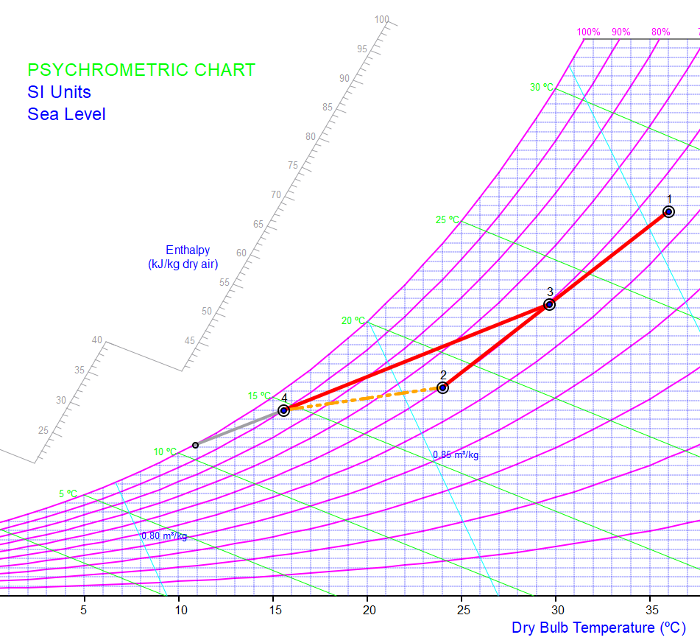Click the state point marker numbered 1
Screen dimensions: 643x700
coord(668,212)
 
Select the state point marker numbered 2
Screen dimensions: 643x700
coord(442,387)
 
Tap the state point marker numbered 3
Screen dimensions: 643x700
coord(549,304)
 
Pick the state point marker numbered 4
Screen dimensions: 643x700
coord(283,410)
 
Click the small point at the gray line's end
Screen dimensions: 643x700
coord(195,445)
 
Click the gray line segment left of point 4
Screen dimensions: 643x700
coord(239,428)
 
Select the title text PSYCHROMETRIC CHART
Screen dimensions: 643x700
coord(141,70)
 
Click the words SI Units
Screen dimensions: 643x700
coord(60,92)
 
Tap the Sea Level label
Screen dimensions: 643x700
coord(66,114)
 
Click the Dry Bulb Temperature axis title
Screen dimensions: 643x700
coord(598,628)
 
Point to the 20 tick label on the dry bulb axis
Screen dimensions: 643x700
coord(370,610)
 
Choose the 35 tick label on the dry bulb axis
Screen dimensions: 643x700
coord(651,610)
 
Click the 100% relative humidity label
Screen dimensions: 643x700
coord(588,32)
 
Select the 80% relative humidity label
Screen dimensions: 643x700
coord(660,32)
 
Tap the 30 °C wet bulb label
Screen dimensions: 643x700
coord(542,87)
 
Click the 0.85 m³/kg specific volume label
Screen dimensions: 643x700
coord(456,454)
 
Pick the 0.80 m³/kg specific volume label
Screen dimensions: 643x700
coord(164,536)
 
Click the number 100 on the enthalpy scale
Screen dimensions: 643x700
coord(381,20)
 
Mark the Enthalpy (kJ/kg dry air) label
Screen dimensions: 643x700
coord(183,257)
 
